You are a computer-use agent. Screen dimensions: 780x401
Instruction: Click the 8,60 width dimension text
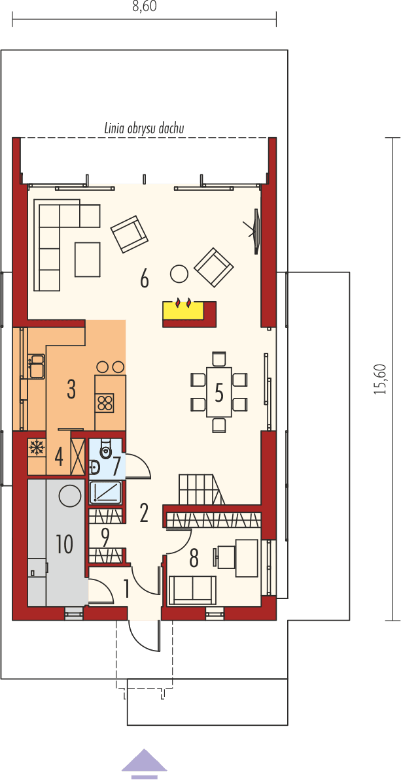[x=144, y=7]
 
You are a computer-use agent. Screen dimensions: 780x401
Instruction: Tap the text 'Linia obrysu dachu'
[x=144, y=129]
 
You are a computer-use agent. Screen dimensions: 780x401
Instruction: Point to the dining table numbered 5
[x=219, y=393]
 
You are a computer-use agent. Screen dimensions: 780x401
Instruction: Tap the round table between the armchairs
[x=179, y=272]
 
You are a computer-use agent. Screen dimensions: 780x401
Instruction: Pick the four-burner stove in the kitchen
[x=105, y=402]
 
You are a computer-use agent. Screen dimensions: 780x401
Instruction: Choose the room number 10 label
[x=64, y=544]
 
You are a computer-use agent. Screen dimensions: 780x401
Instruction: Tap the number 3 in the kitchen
[x=71, y=390]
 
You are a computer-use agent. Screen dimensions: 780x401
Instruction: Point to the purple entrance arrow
[x=144, y=763]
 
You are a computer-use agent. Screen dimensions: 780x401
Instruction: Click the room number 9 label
[x=105, y=537]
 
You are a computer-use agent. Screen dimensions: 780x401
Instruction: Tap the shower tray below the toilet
[x=105, y=492]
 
